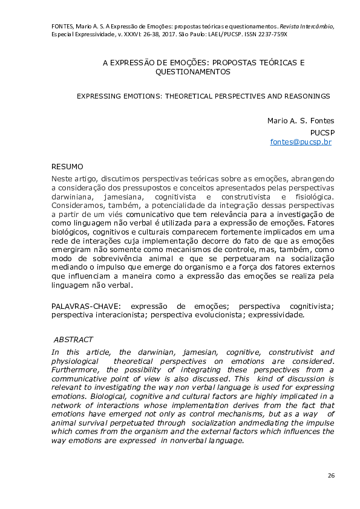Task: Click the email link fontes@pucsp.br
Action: pos(300,142)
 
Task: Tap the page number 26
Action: pos(331,476)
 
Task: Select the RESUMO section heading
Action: pos(67,166)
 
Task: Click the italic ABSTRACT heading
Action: pos(73,340)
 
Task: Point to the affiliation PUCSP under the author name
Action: pos(322,132)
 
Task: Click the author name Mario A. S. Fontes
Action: pos(301,120)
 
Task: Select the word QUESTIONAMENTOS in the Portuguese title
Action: pos(193,71)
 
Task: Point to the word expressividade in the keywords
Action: pos(273,315)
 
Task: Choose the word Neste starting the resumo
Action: pos(62,179)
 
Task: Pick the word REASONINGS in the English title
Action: pos(304,96)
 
